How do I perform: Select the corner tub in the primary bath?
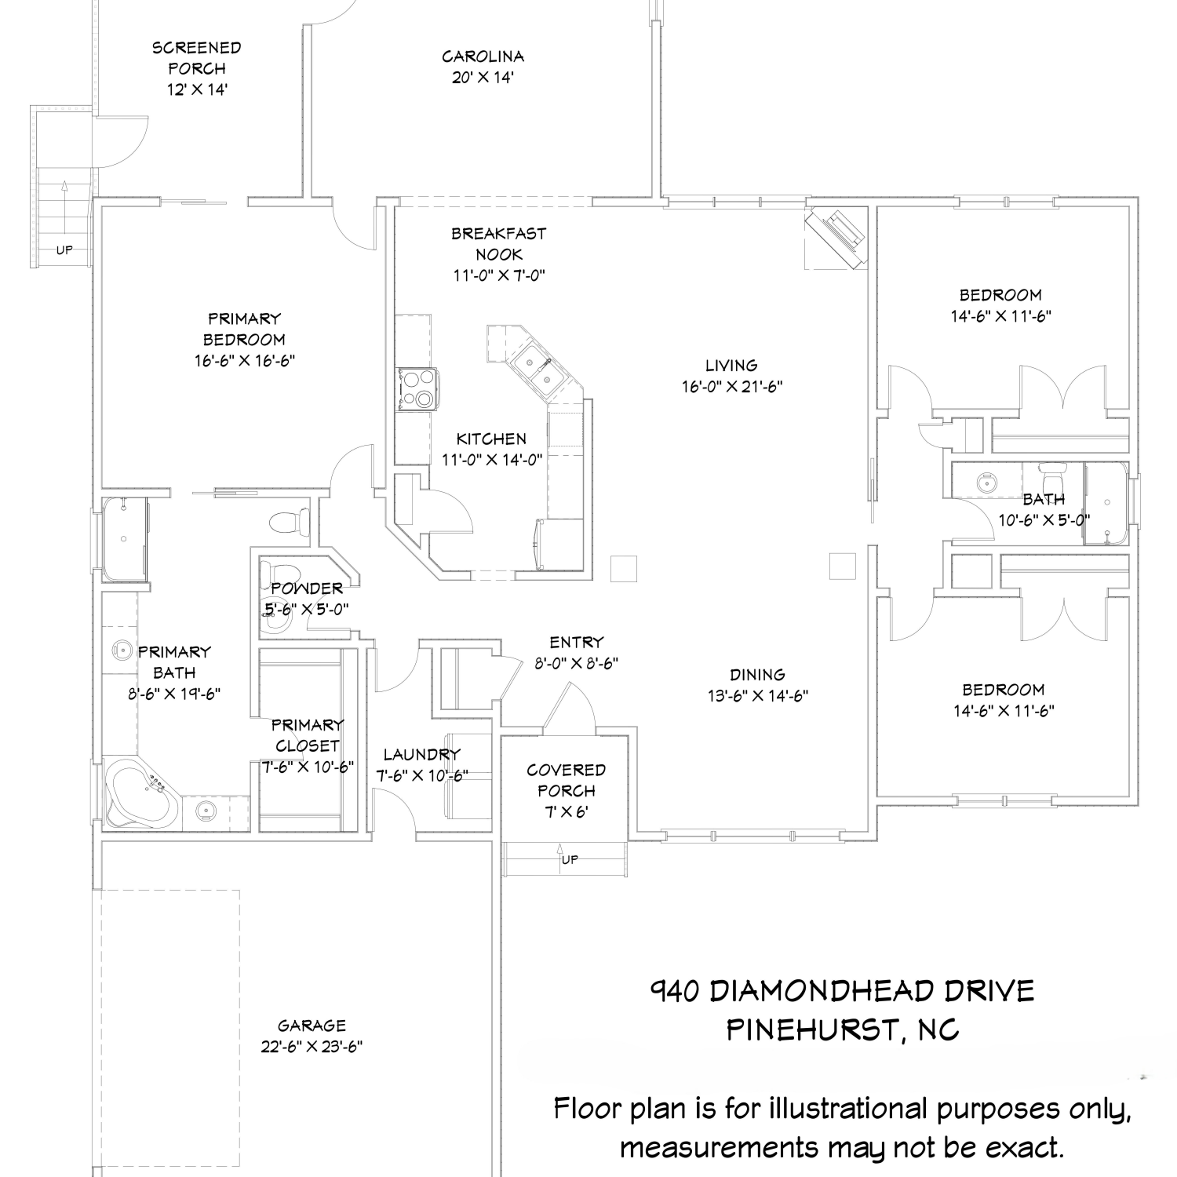(142, 794)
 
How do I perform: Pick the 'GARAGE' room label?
(312, 1026)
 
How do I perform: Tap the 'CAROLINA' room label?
(483, 56)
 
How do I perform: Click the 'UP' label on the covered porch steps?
(570, 860)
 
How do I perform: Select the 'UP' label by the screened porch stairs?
(64, 250)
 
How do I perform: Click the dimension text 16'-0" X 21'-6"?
(733, 387)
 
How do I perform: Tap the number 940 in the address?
(674, 991)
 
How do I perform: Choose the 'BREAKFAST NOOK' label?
(498, 244)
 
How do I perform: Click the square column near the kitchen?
(624, 568)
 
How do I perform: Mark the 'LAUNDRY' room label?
(421, 755)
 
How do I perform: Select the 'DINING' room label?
(757, 675)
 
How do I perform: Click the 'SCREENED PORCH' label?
(197, 58)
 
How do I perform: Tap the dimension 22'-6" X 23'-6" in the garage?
(312, 1047)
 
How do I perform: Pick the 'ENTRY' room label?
(577, 642)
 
